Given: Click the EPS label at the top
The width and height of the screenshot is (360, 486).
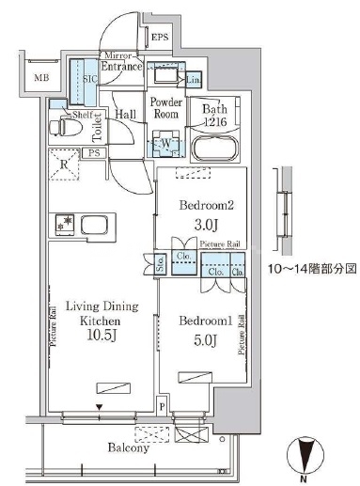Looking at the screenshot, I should tap(160, 38).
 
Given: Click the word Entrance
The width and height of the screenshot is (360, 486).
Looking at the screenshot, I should tap(122, 67).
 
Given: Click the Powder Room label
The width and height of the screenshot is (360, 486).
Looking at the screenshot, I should tap(166, 107).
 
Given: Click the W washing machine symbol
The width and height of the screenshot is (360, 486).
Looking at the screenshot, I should tap(165, 144).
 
